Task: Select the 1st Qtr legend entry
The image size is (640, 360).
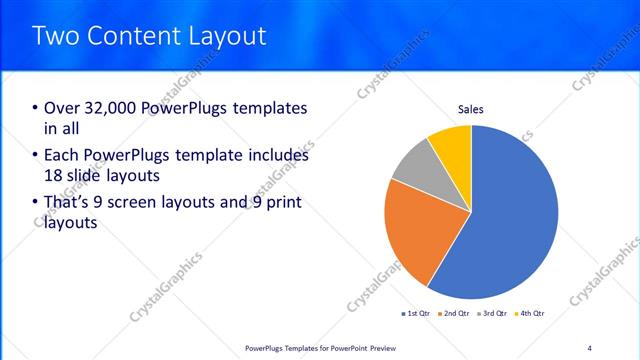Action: click(417, 314)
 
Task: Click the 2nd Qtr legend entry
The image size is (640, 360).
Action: click(456, 314)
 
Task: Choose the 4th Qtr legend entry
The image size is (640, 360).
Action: click(530, 314)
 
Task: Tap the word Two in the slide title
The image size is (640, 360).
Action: click(55, 36)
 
